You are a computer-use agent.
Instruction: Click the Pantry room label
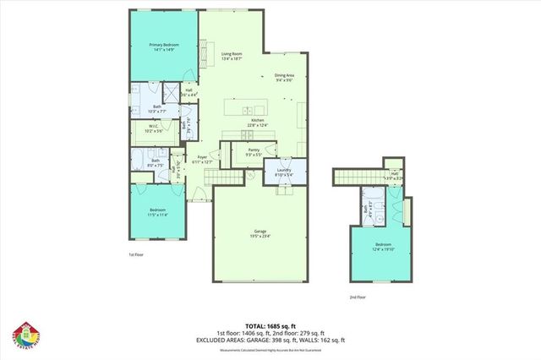253,154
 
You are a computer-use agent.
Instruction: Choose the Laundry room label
283,172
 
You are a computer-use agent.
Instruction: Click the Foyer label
202,159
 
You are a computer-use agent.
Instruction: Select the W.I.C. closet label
153,129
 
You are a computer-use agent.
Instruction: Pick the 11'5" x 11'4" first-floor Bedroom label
158,212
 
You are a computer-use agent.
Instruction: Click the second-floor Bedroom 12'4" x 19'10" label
384,246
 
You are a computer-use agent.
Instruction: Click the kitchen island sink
247,111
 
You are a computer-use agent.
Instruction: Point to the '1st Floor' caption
136,254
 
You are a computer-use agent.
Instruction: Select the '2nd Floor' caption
358,297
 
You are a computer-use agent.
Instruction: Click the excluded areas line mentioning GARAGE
270,341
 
